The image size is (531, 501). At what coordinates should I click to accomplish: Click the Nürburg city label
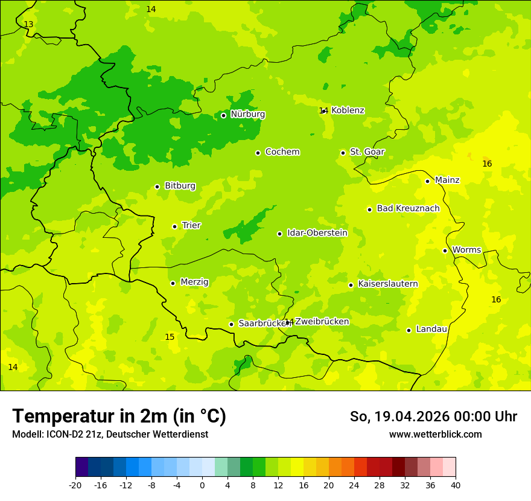247,114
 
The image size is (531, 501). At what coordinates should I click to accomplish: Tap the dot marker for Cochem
258,153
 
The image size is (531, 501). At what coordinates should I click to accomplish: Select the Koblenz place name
348,110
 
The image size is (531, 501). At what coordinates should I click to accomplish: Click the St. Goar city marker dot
343,153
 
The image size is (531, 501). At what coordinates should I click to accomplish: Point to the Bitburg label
180,186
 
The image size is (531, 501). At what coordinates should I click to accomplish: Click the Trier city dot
174,226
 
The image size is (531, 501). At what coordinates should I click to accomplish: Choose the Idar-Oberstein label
317,233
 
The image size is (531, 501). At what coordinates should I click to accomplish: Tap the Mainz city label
447,180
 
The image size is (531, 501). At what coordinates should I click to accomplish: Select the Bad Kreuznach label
408,208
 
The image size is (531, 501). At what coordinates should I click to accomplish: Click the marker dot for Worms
445,250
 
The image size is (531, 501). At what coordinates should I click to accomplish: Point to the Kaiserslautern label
387,284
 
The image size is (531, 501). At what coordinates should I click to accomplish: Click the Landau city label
431,329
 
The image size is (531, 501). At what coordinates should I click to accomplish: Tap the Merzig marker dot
173,283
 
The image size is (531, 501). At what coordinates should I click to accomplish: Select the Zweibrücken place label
322,322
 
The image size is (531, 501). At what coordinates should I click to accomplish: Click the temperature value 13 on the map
28,24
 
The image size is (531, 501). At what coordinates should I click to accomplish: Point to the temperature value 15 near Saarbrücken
170,337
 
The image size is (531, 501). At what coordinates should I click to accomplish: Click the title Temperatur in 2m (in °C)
119,416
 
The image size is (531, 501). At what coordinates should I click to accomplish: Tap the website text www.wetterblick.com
435,434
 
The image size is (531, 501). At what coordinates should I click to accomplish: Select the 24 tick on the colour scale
354,485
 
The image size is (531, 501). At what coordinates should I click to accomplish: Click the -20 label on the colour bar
75,485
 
